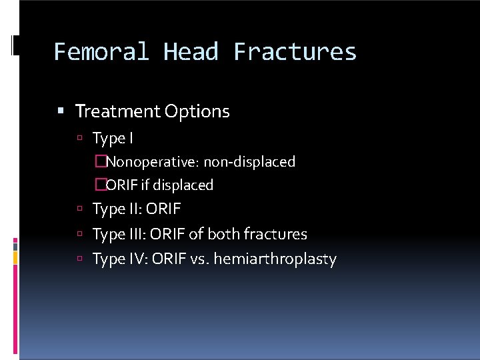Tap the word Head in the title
click(x=191, y=52)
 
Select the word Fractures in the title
click(x=295, y=52)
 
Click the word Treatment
click(x=117, y=111)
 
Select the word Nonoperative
click(x=152, y=162)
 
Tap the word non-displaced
click(x=249, y=162)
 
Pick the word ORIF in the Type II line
click(x=163, y=209)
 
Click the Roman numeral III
click(x=135, y=234)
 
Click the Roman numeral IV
click(x=137, y=259)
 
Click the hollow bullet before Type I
click(x=79, y=139)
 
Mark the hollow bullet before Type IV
click(x=79, y=259)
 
